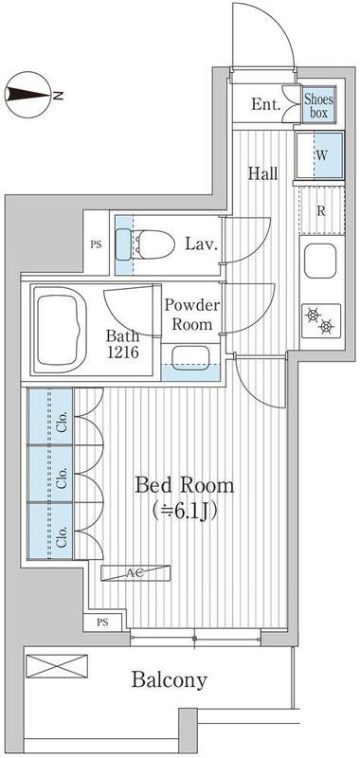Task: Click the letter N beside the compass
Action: point(59,96)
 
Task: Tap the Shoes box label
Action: point(319,106)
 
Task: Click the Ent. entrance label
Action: point(266,104)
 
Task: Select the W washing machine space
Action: point(320,155)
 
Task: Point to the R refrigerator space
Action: point(320,210)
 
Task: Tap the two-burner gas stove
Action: point(321,321)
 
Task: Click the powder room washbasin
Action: point(189,358)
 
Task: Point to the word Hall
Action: point(262,173)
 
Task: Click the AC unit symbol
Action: point(135,573)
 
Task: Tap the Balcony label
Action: point(170,679)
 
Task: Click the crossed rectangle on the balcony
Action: point(57,666)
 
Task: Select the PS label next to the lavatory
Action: point(97,244)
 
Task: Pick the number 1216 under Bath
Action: point(122,352)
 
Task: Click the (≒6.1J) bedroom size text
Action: point(184,511)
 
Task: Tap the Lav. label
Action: point(202,244)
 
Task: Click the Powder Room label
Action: point(192,315)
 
